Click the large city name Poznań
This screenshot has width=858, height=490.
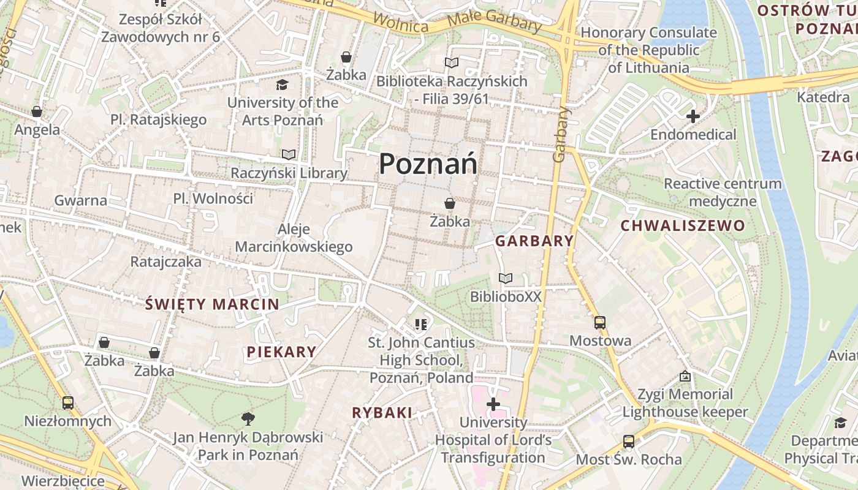coord(428,164)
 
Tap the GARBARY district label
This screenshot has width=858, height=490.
coord(534,241)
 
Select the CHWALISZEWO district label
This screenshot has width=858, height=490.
coord(683,226)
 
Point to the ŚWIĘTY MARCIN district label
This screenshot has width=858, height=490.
coord(212,304)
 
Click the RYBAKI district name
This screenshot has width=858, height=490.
coord(382,413)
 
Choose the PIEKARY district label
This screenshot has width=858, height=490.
coord(281,352)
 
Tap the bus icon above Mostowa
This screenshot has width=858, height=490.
coord(599,323)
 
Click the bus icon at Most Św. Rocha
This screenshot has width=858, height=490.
coord(628,442)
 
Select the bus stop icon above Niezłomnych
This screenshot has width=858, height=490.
coord(67,403)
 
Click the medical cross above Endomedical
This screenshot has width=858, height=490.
coord(693,116)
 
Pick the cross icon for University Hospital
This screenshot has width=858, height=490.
coord(493,404)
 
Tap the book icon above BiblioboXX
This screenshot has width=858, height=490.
coord(506,279)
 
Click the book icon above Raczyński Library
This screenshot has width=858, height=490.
coord(289,155)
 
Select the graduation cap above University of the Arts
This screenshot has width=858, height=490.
coord(281,85)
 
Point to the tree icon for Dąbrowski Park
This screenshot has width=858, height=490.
coord(248,419)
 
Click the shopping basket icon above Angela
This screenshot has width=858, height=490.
coord(37,111)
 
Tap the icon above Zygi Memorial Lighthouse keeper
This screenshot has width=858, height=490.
coord(685,376)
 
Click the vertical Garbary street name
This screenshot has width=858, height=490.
coord(560,135)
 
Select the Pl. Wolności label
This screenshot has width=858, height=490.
coord(213,198)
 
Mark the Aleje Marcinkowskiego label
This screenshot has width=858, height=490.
coord(294,238)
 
